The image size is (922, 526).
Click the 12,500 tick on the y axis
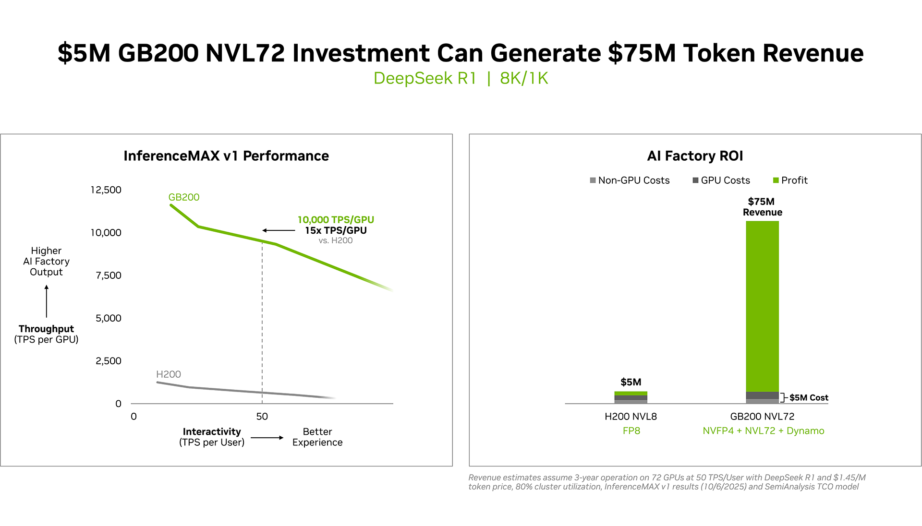[106, 190]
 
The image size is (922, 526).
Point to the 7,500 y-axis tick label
[109, 275]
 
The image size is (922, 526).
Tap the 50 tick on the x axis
[262, 417]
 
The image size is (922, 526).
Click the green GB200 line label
[184, 197]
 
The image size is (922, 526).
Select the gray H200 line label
[169, 374]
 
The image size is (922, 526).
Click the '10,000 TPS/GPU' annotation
[336, 220]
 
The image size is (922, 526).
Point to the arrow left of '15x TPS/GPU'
[279, 231]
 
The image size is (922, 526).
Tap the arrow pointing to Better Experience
[267, 438]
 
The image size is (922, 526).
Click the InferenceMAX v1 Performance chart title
[226, 156]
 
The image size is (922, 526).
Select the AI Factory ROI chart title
[695, 156]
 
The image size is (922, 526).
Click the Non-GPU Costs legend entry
[630, 180]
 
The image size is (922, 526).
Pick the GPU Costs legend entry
[721, 180]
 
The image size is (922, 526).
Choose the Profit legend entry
[790, 180]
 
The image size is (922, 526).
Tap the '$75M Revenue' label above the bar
[762, 207]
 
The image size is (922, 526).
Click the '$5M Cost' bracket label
[809, 398]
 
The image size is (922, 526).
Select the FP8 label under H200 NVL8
[631, 431]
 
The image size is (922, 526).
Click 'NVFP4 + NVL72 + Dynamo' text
[763, 431]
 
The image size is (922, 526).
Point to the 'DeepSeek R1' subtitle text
[425, 78]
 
